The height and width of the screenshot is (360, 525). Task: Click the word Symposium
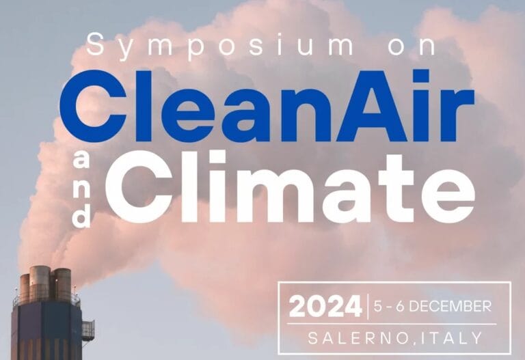coord(219,46)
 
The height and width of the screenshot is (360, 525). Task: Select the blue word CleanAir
coord(267,106)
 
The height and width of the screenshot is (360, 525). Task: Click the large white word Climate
coord(290,186)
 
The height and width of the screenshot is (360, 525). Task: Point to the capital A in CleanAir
coord(373,106)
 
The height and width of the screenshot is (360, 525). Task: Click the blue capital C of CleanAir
coord(94,106)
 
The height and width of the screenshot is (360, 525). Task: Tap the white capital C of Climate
coord(139,186)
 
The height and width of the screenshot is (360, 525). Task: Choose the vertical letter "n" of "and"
coord(81,190)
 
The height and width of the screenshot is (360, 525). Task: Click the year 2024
coord(325,307)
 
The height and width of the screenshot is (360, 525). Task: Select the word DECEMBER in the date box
coord(450,307)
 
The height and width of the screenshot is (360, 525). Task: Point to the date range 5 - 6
coord(389,307)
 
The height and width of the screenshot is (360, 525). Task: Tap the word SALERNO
coord(358,338)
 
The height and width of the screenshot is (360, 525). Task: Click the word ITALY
coord(450,338)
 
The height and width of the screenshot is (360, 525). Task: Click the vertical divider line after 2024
coord(368,307)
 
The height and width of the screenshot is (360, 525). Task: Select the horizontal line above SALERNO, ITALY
coord(392,324)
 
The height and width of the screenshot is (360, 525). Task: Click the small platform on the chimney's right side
coord(88,330)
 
